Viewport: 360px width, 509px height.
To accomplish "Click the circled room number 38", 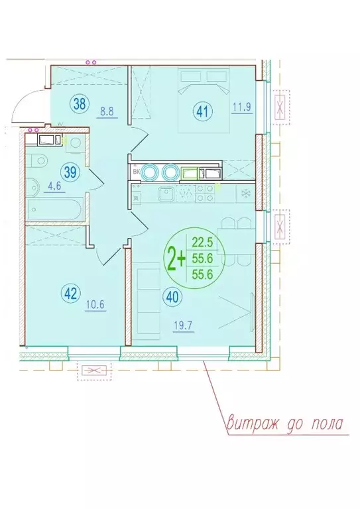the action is tap(79, 104).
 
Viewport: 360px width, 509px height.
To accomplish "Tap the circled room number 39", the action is tap(70, 172).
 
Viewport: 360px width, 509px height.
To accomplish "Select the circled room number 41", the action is tap(202, 112).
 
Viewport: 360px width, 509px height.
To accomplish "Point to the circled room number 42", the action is tap(70, 294).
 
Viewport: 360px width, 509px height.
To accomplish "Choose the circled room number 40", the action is tap(173, 298).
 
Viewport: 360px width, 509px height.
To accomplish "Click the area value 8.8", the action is tap(107, 112).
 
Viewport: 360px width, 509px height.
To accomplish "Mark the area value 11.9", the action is tap(242, 107).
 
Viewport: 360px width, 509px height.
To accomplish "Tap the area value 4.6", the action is tap(54, 187).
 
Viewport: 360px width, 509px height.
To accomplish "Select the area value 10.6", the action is tap(95, 305).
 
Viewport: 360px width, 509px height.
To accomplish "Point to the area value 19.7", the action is tap(184, 326).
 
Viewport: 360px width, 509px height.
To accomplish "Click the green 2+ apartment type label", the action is tap(176, 258).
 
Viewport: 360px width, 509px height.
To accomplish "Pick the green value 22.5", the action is tap(202, 242).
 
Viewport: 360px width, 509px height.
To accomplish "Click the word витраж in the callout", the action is tap(253, 424).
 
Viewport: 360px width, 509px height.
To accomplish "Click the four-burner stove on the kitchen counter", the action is tap(204, 194).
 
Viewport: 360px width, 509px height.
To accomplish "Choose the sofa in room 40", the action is tap(146, 301).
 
